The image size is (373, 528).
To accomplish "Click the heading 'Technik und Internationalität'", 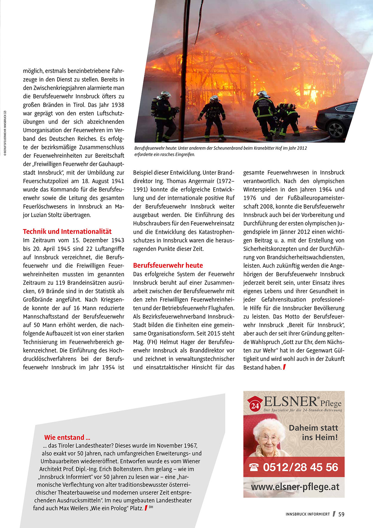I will [67, 231].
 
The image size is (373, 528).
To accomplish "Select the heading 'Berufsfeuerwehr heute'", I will [168, 266].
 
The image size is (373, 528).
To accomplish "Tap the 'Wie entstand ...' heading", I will [67, 437].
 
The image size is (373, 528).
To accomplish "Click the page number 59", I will [341, 514].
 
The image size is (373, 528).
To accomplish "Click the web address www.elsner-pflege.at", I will [295, 487].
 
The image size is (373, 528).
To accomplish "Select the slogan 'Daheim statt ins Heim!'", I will [313, 432].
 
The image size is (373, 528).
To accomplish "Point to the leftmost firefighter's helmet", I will [165, 94].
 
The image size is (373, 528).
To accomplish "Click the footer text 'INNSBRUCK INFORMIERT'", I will [308, 514].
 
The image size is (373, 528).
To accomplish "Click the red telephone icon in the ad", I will [254, 467].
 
